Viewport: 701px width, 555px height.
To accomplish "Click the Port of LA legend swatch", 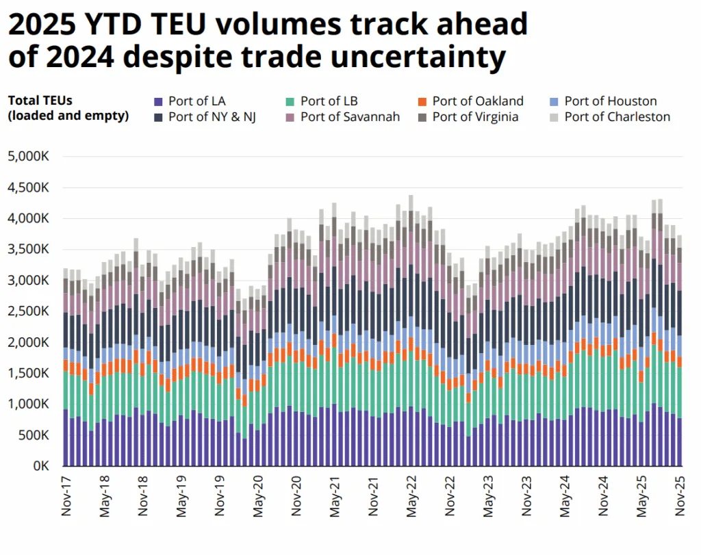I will click(x=159, y=102).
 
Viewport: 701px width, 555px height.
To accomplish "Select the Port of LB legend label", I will click(x=328, y=101).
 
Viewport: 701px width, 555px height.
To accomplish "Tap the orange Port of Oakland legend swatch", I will click(x=422, y=102).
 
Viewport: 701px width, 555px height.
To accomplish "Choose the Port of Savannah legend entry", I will click(x=350, y=117).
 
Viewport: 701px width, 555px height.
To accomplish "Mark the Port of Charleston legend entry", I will click(x=617, y=117).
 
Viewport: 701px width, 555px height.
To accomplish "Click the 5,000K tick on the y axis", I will click(x=28, y=156).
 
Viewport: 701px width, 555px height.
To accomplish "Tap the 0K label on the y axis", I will click(x=40, y=466).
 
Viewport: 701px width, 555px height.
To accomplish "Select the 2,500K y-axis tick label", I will click(x=28, y=311).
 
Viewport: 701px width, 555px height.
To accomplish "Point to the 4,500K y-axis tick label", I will click(x=28, y=188).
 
